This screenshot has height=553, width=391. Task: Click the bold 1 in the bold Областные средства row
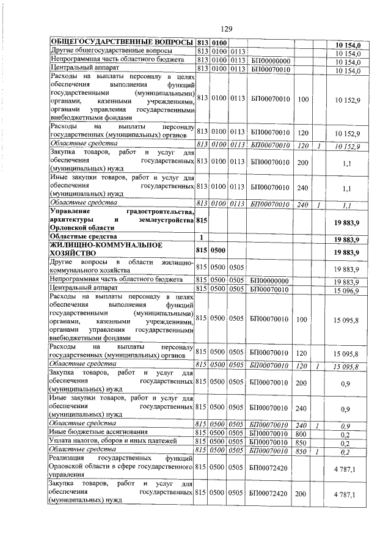202,237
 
